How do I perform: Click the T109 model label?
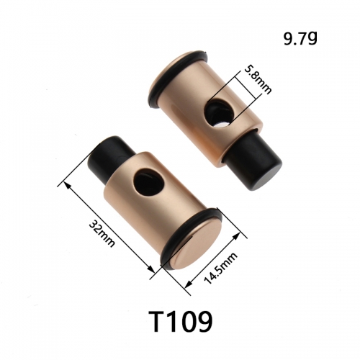click(x=180, y=321)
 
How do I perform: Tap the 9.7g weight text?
click(x=300, y=38)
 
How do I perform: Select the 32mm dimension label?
click(x=102, y=233)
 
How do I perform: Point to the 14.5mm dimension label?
click(x=220, y=268)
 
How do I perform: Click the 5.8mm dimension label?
click(x=258, y=80)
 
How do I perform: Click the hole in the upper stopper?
click(x=217, y=114)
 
